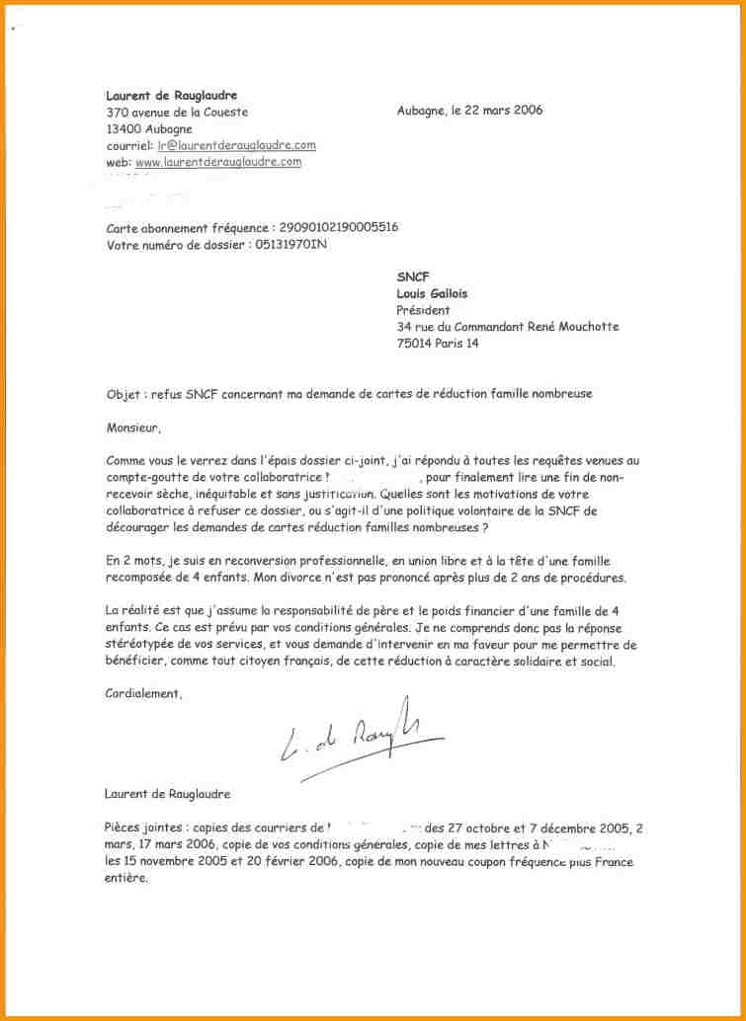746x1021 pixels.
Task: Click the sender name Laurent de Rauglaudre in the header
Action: coord(171,96)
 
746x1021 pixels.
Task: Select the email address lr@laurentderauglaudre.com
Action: coord(236,145)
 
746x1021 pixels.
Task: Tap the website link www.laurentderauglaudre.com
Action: coord(217,162)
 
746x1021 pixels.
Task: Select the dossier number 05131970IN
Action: coord(290,245)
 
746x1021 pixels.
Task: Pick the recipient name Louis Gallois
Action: coord(432,294)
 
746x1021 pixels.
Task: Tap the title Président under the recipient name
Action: coord(423,310)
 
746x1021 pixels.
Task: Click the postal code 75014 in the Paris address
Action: coord(416,344)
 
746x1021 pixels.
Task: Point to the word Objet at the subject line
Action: coord(124,394)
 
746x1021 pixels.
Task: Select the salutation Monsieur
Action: coord(131,428)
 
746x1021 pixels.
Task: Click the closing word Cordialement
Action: coord(143,694)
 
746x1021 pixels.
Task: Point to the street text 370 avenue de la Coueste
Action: coord(177,113)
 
